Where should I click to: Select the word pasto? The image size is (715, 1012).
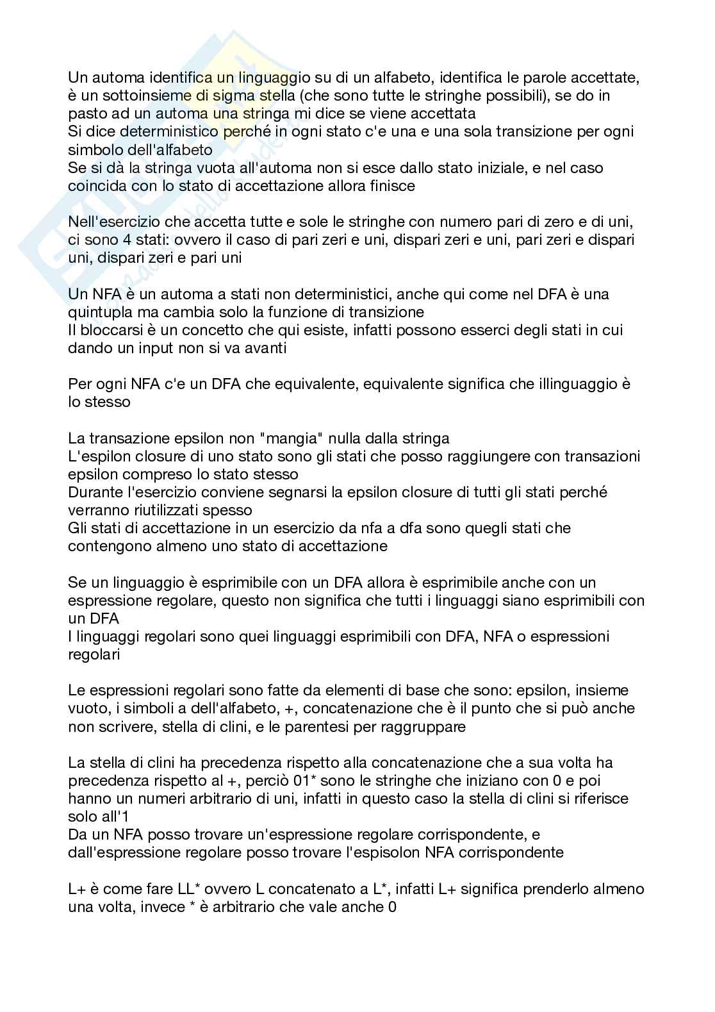[x=85, y=115]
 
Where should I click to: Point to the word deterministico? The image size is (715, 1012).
[x=165, y=133]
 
